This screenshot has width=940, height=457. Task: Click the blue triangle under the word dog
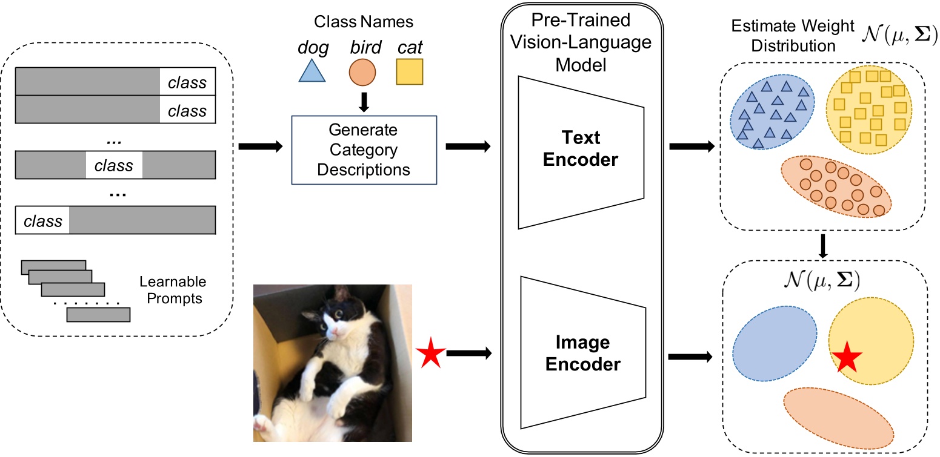pyautogui.click(x=312, y=72)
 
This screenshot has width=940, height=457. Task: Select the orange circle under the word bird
pyautogui.click(x=363, y=71)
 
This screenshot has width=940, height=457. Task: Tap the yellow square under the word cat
pyautogui.click(x=409, y=71)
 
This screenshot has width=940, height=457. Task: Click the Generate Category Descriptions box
pyautogui.click(x=364, y=150)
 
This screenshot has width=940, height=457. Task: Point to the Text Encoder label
pyautogui.click(x=580, y=149)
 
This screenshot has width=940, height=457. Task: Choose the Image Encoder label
pyautogui.click(x=580, y=354)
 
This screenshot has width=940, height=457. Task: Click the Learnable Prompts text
pyautogui.click(x=173, y=290)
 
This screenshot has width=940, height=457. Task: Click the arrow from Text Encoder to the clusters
pyautogui.click(x=690, y=146)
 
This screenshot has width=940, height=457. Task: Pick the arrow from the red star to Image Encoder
pyautogui.click(x=472, y=355)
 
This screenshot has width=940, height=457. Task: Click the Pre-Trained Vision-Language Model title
pyautogui.click(x=580, y=43)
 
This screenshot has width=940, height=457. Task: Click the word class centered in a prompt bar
pyautogui.click(x=114, y=165)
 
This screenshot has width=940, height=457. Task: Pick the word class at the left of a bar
pyautogui.click(x=42, y=221)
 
